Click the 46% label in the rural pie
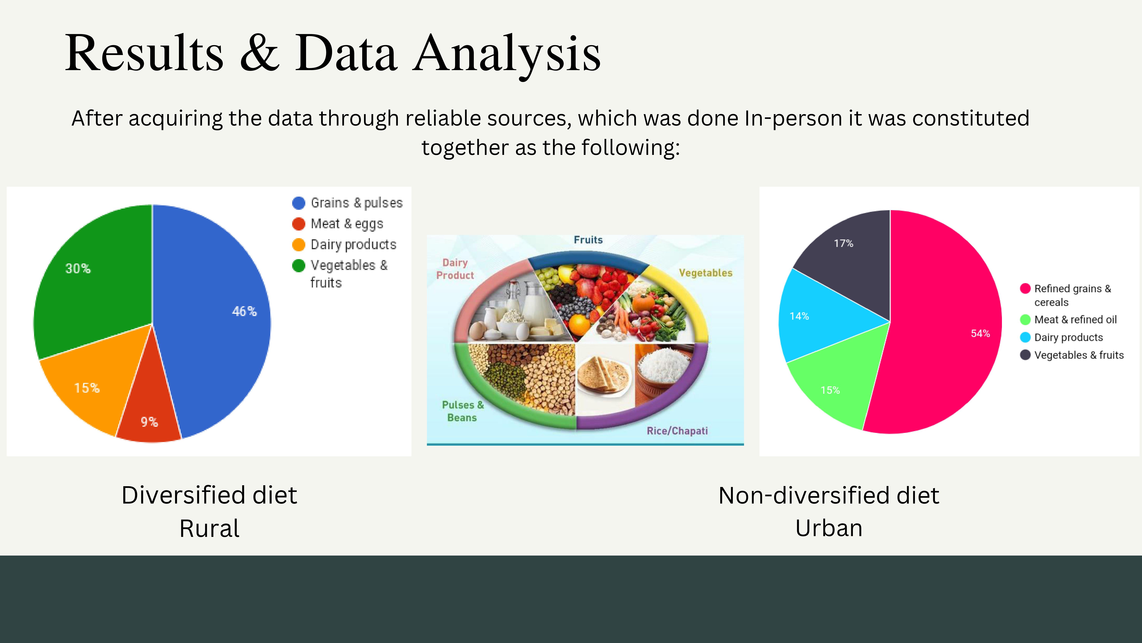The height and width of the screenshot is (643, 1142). coord(244,311)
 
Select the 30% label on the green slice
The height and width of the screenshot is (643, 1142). coord(78,268)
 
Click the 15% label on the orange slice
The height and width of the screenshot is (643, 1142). coord(87,388)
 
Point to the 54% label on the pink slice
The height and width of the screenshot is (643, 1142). coord(980,333)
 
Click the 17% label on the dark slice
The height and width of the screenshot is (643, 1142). coord(843,243)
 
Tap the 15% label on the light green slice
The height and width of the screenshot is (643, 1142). coord(830,390)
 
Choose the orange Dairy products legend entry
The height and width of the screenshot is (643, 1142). coord(344,244)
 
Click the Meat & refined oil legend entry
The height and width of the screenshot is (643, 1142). coord(1068,319)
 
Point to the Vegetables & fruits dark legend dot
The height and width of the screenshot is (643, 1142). coord(1025,355)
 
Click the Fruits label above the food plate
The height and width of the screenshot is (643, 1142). coord(588,240)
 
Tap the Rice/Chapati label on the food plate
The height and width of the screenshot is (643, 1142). coord(677,431)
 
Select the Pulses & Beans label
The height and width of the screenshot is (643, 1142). coord(462,411)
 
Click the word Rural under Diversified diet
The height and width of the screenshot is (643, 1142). coord(209,528)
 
